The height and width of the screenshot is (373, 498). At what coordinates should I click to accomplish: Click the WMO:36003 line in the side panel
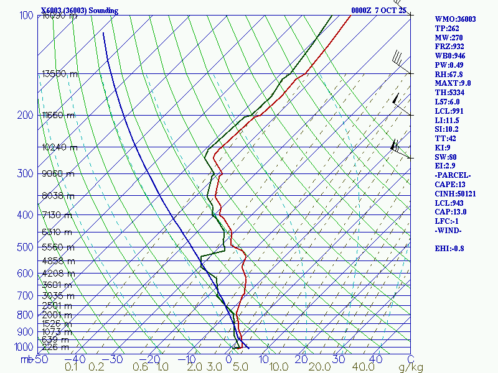pos(455,19)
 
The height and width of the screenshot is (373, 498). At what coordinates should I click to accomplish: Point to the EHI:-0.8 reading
pos(450,249)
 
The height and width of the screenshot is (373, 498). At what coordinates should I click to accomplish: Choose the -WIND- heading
pos(448,231)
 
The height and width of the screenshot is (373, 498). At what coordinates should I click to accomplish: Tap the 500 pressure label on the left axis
pos(26,248)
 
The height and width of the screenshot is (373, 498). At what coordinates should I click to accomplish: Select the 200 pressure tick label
pos(26,116)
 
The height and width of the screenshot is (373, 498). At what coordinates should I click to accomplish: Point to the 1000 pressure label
pos(23,347)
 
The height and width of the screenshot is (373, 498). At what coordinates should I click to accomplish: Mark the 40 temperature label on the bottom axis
pos(375,359)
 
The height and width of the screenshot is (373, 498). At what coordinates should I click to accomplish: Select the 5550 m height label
pos(57,247)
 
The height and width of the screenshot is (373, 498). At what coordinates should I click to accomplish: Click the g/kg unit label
pos(410,367)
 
